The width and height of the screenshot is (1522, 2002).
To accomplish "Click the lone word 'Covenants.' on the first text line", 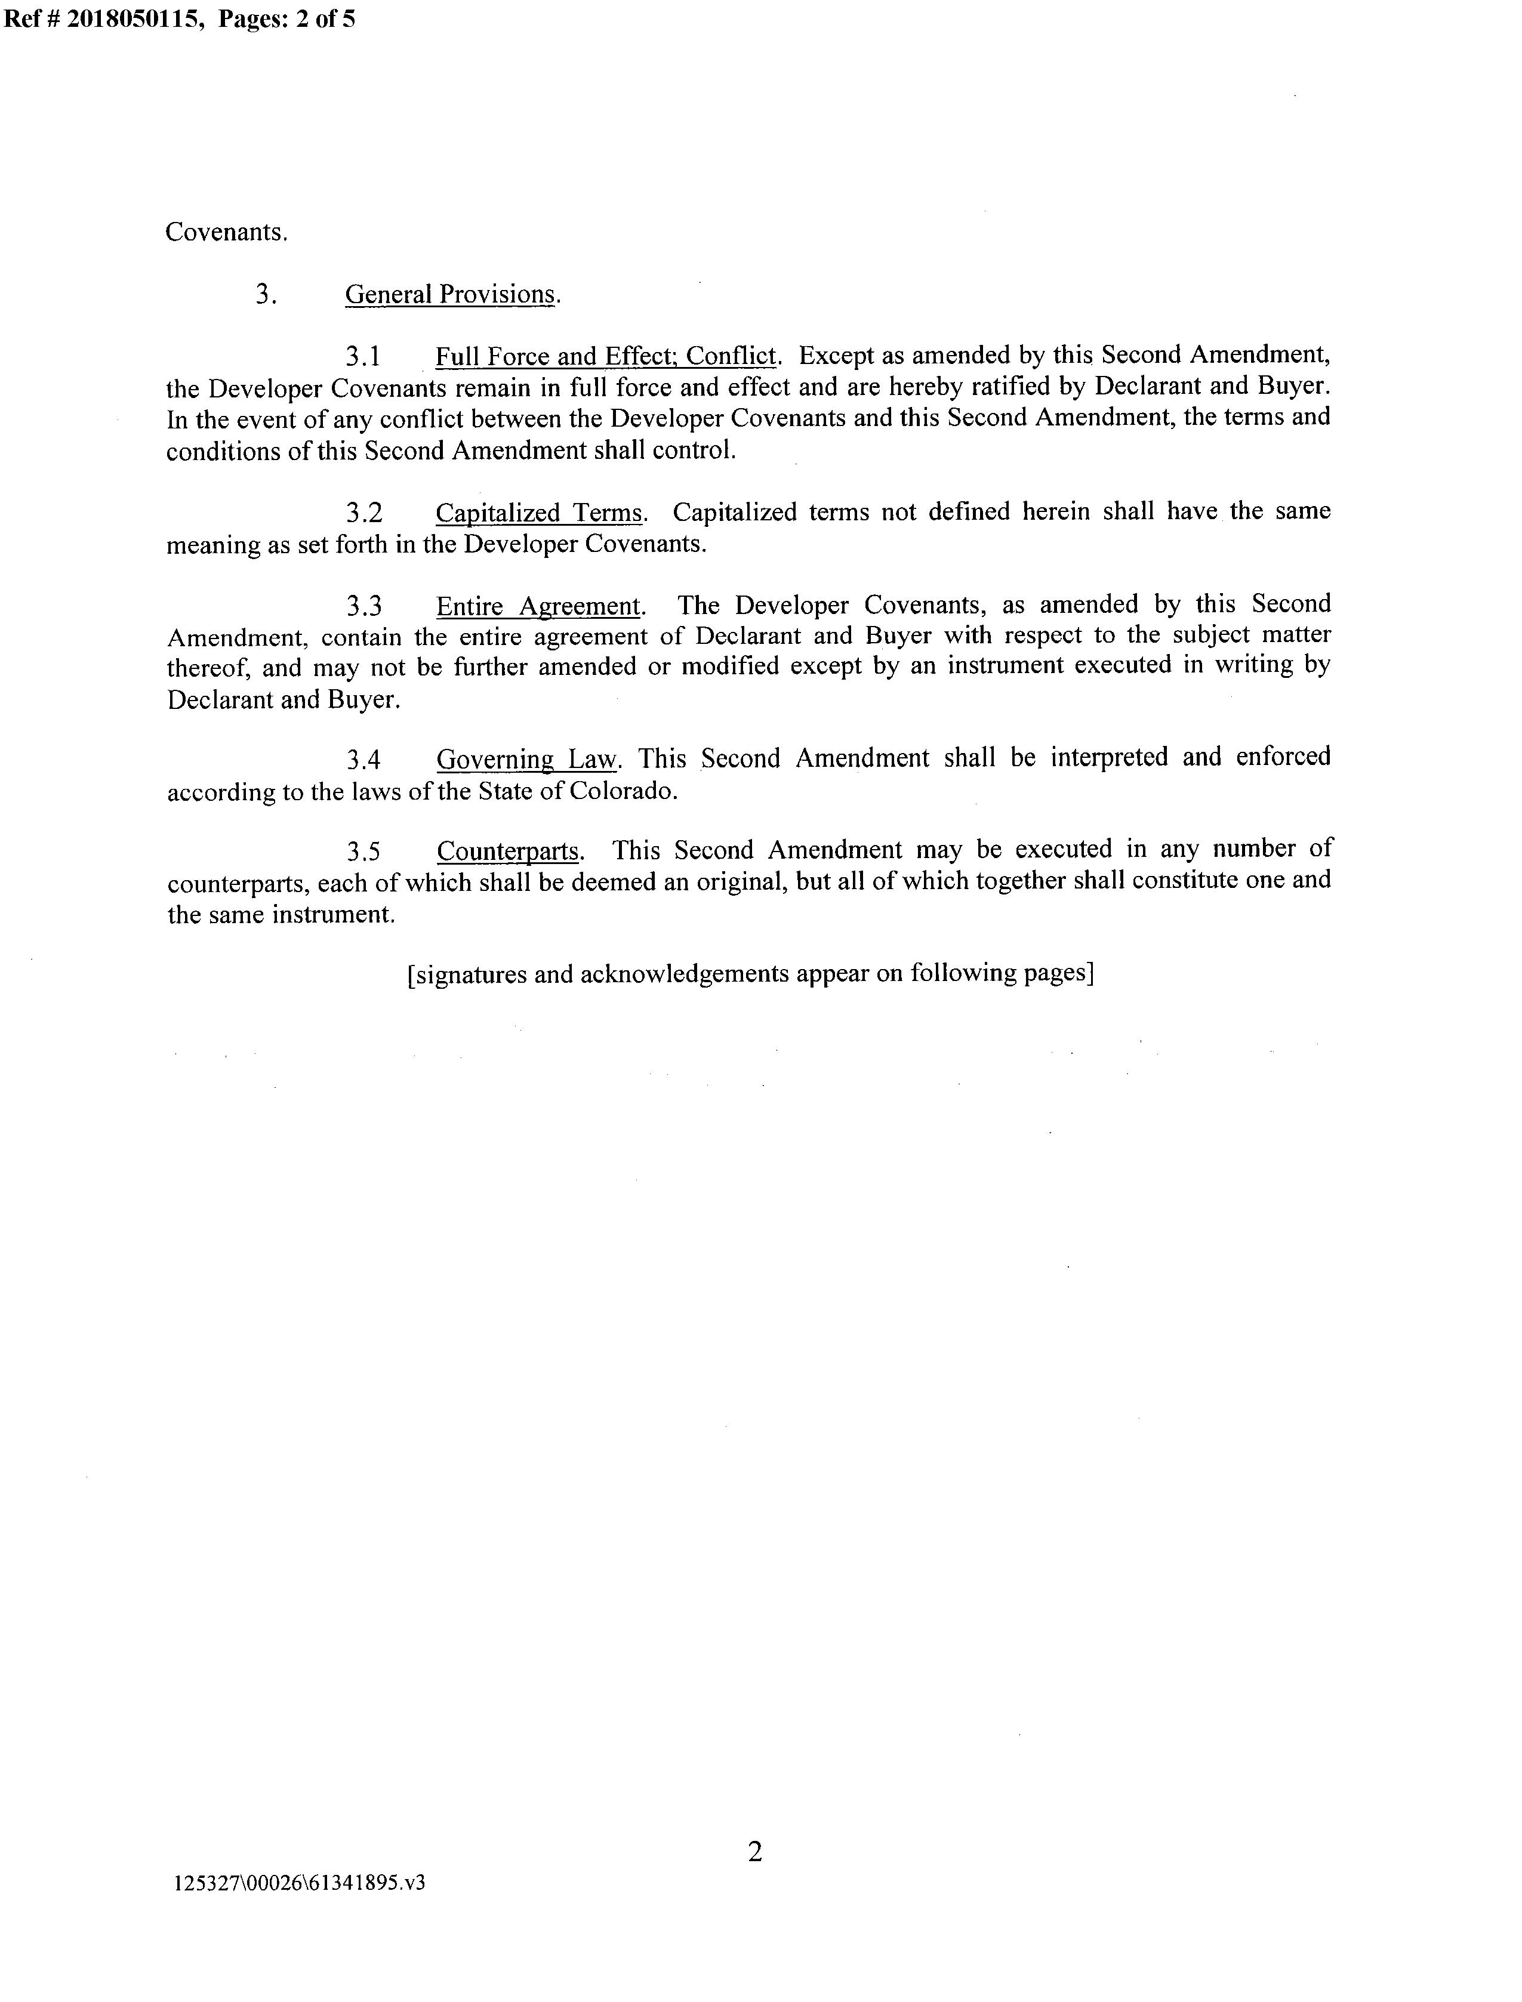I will point(226,233).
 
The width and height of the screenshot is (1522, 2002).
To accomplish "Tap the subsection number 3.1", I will point(364,357).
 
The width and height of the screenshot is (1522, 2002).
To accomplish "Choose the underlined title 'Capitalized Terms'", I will point(539,513).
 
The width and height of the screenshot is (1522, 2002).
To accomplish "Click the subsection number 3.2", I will point(364,513).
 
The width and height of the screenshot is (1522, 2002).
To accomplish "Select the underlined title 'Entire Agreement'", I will point(538,606).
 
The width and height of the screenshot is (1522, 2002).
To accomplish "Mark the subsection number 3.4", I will point(364,760).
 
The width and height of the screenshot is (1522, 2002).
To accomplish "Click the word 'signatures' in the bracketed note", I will point(471,974).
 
